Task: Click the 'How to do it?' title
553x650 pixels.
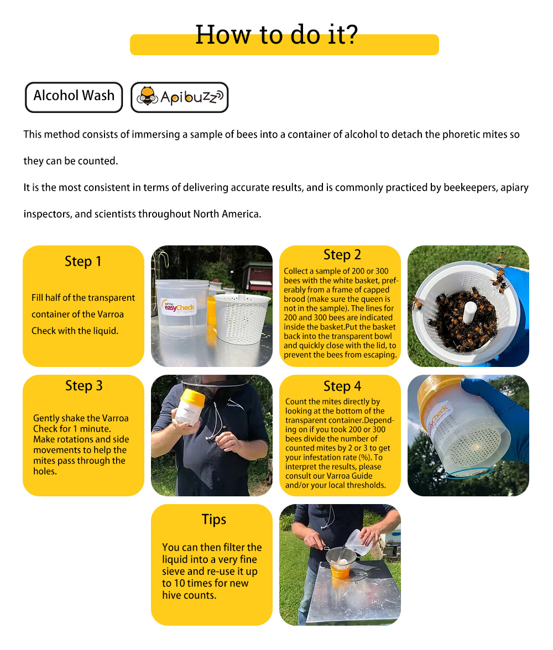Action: (276, 35)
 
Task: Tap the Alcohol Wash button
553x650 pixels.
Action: (74, 96)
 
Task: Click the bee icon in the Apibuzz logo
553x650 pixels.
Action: (148, 97)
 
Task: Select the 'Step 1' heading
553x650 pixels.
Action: (83, 261)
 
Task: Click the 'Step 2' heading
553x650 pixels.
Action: (342, 255)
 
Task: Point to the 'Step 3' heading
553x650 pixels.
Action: (84, 386)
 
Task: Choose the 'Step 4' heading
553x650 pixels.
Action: (342, 386)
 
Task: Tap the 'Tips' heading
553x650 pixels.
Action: (213, 520)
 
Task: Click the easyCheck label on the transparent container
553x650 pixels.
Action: (178, 306)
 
